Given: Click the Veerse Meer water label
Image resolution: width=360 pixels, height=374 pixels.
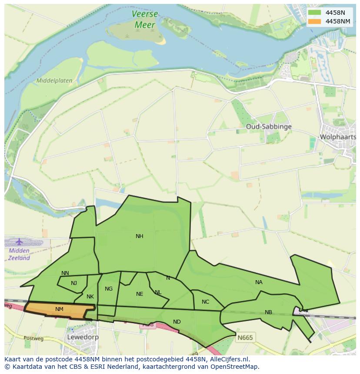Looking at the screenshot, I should coord(144,20).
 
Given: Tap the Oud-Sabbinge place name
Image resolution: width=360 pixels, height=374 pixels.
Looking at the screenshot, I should coord(268,126).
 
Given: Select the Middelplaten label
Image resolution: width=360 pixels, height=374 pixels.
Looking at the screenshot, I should coord(54,81).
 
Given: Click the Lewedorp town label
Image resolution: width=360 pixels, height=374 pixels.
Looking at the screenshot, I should coord(83,337).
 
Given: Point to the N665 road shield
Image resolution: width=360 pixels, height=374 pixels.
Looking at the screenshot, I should coord(245,337).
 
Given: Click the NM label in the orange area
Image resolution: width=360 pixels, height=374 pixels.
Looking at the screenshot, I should coord(60,309).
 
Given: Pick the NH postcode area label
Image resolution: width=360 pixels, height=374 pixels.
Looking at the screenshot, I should coord(139,236).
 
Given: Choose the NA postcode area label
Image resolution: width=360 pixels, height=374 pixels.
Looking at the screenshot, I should coord(259,282).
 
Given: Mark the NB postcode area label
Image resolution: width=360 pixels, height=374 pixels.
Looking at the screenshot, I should coord(268,312).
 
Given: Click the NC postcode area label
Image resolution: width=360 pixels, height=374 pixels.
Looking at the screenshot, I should coord(205,302).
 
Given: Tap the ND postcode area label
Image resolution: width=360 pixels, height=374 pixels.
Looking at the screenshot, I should coord(177,322).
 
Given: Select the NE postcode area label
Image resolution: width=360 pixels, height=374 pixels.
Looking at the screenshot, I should coord(139,294).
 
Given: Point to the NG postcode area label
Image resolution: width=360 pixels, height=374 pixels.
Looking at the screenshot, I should coord(109,288).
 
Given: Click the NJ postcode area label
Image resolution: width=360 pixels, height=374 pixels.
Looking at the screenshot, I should coord(74,283).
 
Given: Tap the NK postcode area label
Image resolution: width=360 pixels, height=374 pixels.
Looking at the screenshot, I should coord(90,297).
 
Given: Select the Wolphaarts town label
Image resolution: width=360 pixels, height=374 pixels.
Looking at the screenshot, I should coord(338,137).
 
